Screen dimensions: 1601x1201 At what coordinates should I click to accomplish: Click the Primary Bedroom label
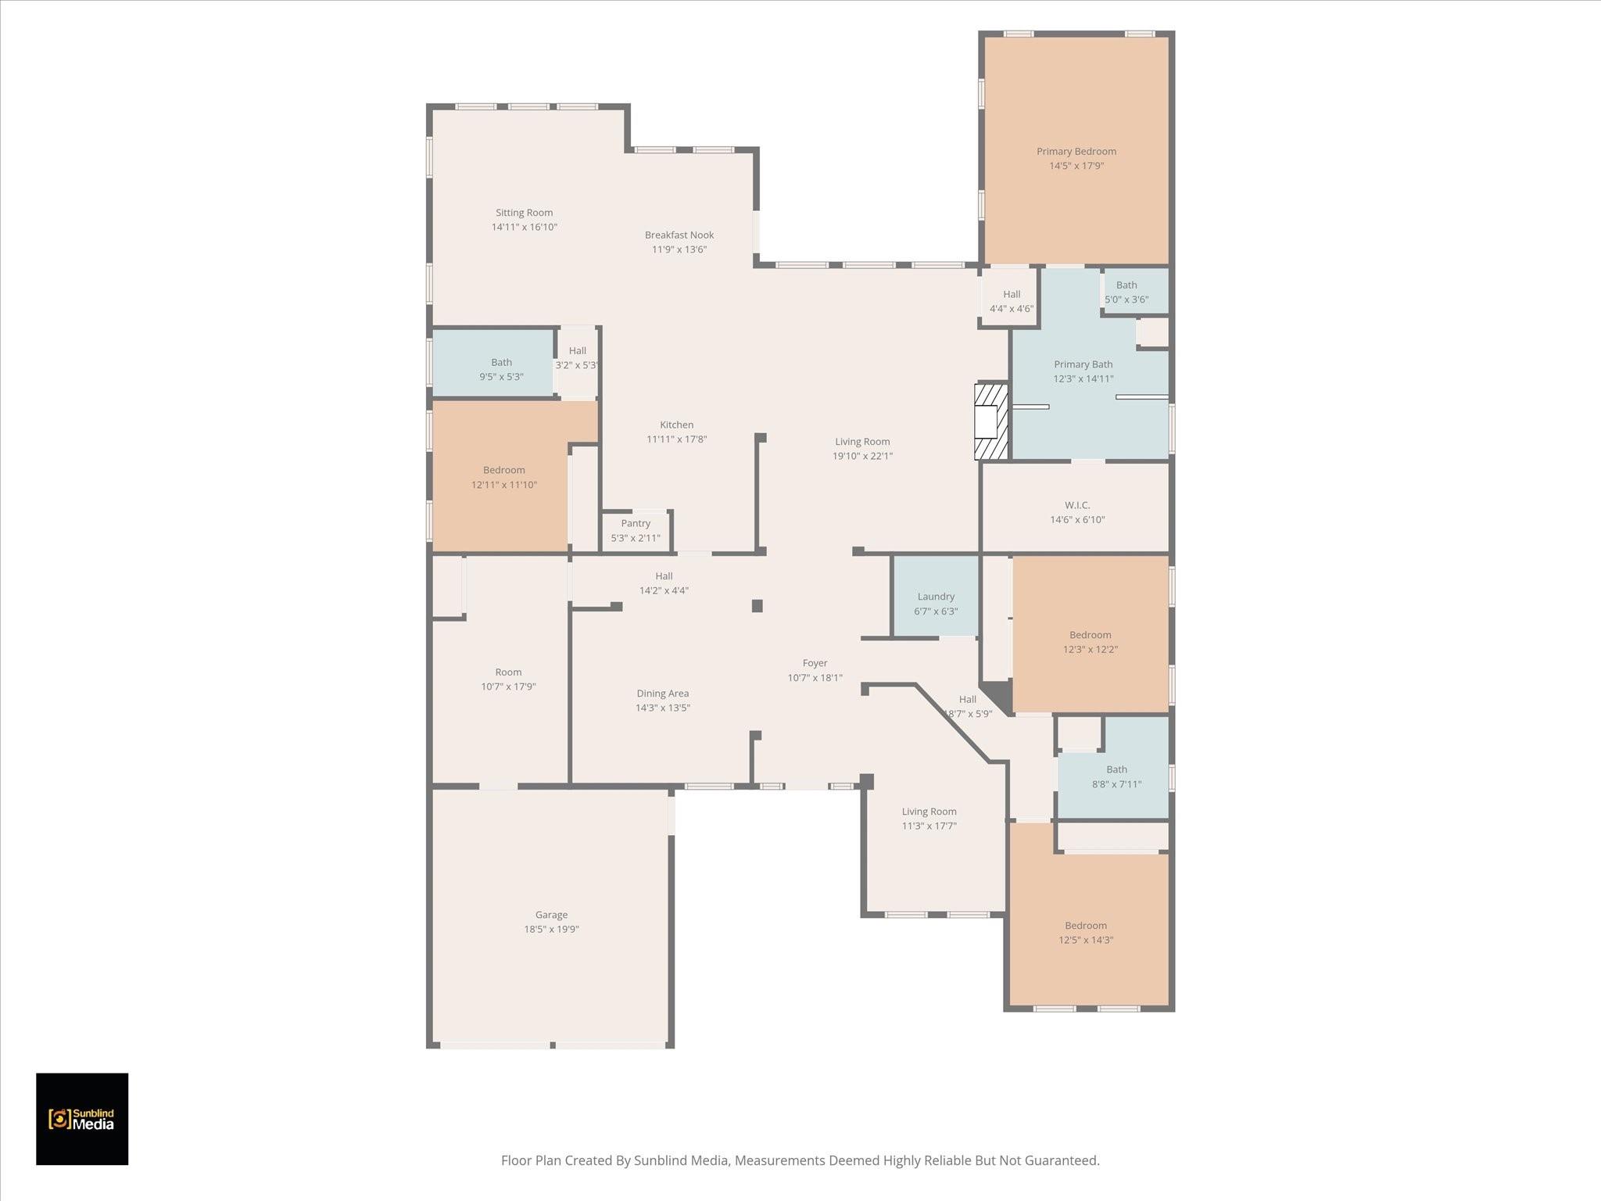(1076, 152)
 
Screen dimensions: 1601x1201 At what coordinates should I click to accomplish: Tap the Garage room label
(551, 915)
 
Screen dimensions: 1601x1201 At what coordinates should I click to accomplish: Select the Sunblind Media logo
(82, 1119)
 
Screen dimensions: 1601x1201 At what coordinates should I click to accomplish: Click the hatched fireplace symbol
(991, 421)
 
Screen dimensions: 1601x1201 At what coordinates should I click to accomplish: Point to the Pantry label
(636, 523)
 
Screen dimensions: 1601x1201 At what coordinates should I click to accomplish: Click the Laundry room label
(936, 597)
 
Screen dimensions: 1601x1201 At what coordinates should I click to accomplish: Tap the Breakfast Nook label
(679, 235)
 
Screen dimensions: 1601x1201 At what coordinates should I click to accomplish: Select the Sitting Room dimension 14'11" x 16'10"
(524, 227)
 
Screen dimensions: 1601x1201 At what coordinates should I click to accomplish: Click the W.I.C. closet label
(1077, 505)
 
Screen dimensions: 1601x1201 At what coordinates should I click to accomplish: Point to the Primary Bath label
(1083, 364)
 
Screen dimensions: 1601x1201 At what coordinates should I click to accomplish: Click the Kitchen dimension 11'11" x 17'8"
(676, 439)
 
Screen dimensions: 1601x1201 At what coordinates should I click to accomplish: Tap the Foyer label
(815, 663)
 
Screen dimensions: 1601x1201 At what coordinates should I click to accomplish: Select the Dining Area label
(662, 694)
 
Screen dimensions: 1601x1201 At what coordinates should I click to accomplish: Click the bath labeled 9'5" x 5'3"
(501, 369)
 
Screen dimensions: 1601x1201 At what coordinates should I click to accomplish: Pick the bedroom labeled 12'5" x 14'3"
(1086, 933)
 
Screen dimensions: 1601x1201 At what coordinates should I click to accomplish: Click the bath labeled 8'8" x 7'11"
(1116, 776)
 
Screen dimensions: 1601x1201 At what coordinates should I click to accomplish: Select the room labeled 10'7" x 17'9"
(508, 679)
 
